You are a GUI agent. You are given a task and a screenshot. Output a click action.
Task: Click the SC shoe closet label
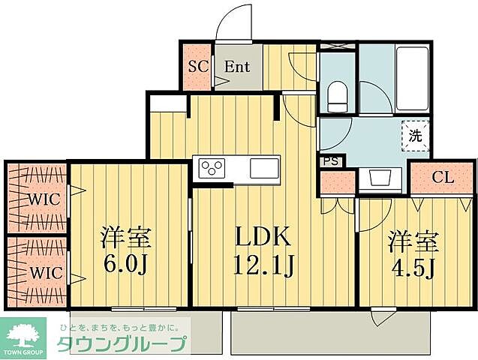(x=197, y=65)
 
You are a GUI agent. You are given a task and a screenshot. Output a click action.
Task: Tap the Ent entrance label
(x=237, y=65)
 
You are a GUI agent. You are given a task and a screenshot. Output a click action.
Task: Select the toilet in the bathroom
(x=336, y=95)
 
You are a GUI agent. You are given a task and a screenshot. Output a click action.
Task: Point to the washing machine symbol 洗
(x=415, y=136)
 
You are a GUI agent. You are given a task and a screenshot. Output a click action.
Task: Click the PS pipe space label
(x=329, y=161)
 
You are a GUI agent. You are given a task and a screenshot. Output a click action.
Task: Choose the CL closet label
(x=443, y=178)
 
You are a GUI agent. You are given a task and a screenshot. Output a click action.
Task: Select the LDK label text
(x=263, y=238)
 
